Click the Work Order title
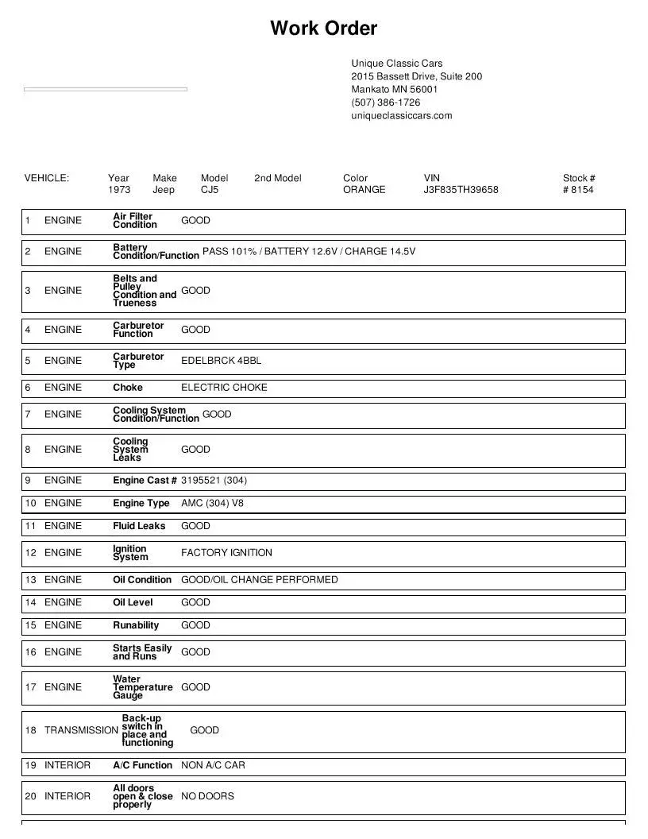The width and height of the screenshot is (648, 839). [323, 29]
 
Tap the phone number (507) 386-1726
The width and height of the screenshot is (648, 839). [386, 102]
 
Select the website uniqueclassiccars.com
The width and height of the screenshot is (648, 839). [402, 115]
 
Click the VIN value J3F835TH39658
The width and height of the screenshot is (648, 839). [461, 190]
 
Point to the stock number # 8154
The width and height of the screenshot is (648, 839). [578, 190]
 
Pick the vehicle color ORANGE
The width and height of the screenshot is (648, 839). [364, 190]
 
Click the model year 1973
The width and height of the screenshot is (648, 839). [119, 190]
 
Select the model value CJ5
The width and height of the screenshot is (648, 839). [210, 190]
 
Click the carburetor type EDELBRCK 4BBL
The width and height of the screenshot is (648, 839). [221, 361]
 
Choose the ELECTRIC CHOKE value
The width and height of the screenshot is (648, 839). [224, 388]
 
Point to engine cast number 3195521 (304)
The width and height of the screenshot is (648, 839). [214, 480]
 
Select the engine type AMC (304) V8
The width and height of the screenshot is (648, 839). [212, 503]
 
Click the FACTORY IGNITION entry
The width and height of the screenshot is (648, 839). [226, 553]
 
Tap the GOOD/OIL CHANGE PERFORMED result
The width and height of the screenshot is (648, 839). [259, 580]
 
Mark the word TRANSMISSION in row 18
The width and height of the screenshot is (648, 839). [81, 730]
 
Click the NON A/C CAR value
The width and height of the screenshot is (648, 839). [213, 765]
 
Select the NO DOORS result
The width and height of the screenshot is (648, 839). [207, 796]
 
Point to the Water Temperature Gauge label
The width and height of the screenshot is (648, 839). [142, 687]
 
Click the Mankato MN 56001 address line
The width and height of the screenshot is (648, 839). [394, 89]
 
